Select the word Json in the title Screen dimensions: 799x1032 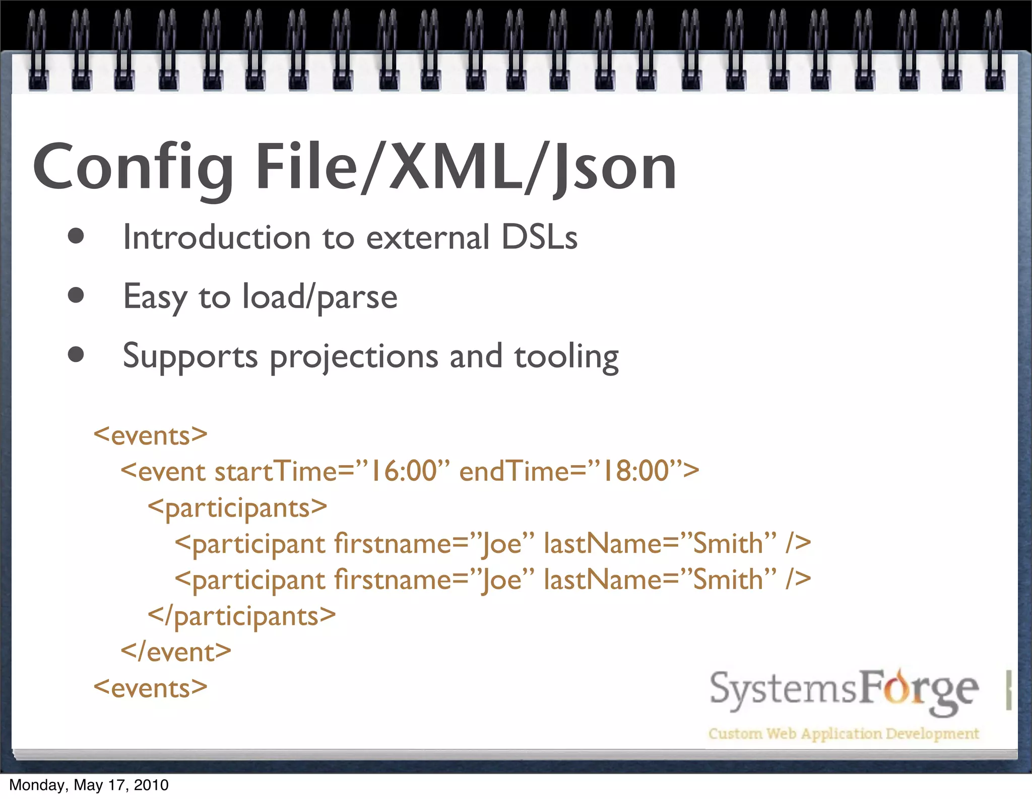(x=615, y=168)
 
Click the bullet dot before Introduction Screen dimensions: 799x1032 (x=76, y=237)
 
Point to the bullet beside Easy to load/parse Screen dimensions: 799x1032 (x=76, y=296)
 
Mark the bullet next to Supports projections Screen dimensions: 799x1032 (x=76, y=355)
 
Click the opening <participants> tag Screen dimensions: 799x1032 (x=237, y=507)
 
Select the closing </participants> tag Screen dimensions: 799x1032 (x=242, y=616)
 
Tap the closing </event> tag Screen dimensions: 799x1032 (x=176, y=652)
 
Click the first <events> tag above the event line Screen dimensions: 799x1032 (x=150, y=435)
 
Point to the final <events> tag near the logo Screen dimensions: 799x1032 (x=150, y=688)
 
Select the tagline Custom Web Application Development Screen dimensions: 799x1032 (x=844, y=734)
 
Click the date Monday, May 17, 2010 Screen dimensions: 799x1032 (x=89, y=785)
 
